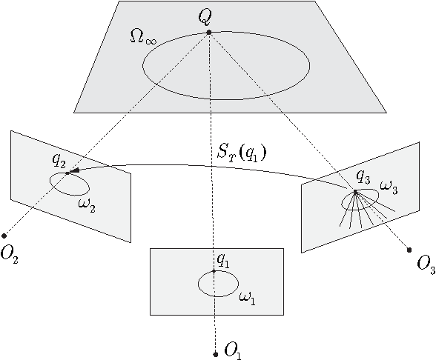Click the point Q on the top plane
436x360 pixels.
(209, 32)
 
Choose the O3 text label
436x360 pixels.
(426, 264)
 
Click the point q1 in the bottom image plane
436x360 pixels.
(214, 271)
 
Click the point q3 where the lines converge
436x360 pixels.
(355, 191)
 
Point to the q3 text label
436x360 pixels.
(363, 176)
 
